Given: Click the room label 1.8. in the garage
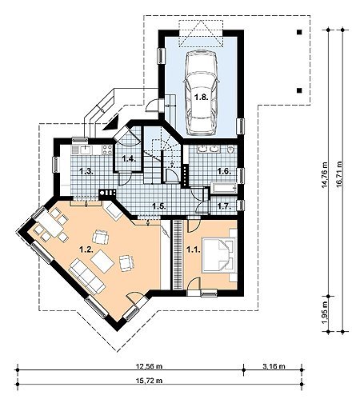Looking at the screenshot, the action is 201,98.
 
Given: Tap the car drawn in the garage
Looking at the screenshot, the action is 201,93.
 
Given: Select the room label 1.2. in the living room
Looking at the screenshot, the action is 86,249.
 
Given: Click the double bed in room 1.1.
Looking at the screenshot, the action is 219,255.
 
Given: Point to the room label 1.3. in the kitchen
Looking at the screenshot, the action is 86,171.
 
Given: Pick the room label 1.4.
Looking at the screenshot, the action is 129,159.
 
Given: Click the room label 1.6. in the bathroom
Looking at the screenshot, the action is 224,171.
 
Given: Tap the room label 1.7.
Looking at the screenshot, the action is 224,205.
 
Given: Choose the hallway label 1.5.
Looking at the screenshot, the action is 159,205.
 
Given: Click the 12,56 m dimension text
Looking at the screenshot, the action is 150,366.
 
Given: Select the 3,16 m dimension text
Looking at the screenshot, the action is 274,366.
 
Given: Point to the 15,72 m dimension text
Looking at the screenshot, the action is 150,380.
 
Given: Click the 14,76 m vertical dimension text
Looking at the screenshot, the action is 324,175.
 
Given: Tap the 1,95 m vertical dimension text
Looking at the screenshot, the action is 324,313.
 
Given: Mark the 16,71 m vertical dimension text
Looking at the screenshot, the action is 338,175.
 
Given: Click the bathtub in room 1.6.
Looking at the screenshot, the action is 224,188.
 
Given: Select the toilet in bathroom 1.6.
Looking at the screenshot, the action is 231,150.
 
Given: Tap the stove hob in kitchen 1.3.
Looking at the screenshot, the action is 107,150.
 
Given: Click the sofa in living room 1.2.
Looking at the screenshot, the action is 87,276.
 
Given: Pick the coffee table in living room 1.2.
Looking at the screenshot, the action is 102,261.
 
